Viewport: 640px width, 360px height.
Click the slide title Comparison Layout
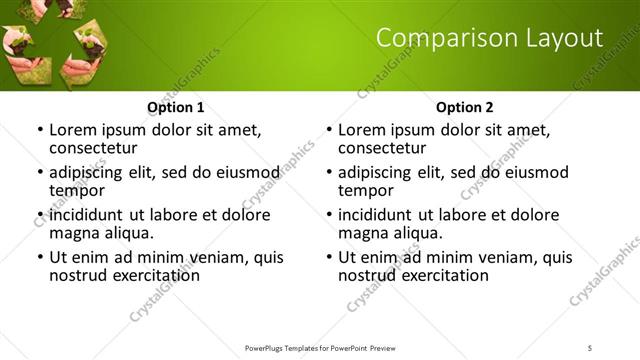pos(489,39)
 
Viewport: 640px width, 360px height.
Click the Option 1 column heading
pos(176,107)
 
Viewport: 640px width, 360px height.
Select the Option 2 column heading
pos(465,107)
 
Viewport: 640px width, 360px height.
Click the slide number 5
pos(591,347)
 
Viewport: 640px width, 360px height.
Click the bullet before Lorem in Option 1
pos(39,130)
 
